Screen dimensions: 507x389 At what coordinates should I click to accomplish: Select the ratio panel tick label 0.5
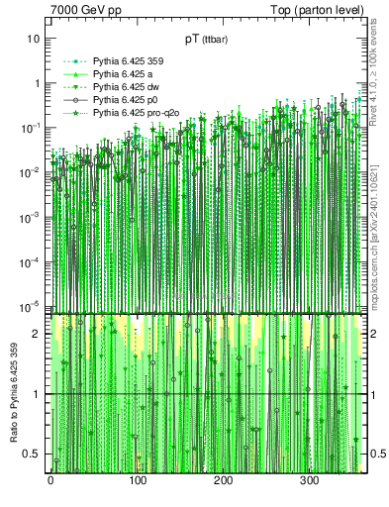33,454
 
